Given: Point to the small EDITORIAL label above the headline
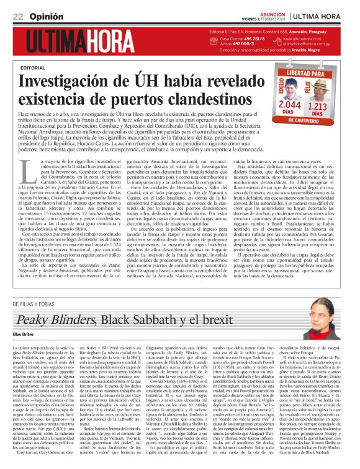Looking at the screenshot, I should tap(32, 66).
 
